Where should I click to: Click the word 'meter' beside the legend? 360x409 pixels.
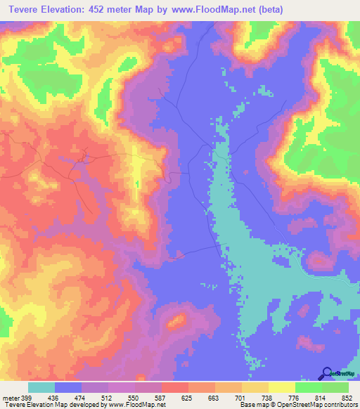click(x=10, y=397)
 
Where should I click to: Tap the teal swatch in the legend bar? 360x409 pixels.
click(x=41, y=387)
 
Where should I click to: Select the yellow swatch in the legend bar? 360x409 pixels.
click(x=282, y=387)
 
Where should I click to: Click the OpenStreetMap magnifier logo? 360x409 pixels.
click(x=327, y=372)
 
